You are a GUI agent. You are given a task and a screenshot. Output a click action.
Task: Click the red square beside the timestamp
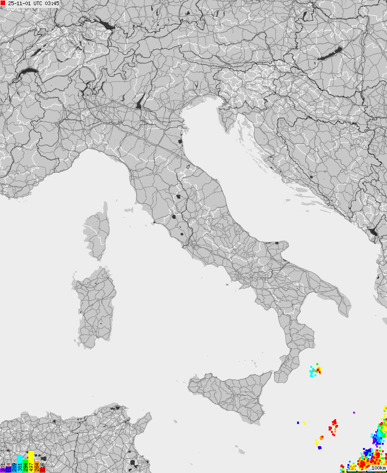point(3,3)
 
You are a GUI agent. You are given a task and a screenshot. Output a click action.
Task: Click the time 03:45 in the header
point(52,3)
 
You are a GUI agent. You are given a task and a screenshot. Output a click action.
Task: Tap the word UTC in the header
point(38,3)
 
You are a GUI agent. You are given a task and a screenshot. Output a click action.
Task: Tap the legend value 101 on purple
point(2,467)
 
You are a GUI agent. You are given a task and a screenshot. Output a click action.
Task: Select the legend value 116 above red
point(42,467)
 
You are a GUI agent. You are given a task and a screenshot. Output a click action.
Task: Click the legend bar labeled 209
point(14,467)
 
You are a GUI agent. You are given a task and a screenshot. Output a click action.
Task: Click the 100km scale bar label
point(378,468)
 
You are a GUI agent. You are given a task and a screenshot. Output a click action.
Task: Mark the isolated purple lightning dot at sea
point(354,413)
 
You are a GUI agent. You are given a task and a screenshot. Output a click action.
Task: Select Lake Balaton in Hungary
point(330,53)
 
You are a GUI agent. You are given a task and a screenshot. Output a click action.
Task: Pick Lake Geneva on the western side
point(26,73)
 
